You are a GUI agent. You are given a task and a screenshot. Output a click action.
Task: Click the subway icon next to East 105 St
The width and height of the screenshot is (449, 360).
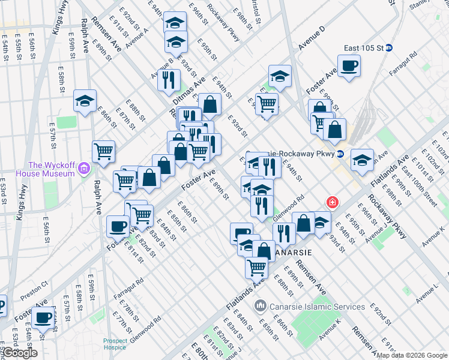point(389,48)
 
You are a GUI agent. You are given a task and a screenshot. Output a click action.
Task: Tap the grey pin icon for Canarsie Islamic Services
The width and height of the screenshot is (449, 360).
point(260,307)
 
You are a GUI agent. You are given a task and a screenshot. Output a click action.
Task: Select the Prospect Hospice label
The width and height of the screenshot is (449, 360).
point(115,344)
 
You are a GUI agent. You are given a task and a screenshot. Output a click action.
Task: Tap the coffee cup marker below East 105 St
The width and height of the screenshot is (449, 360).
point(348,66)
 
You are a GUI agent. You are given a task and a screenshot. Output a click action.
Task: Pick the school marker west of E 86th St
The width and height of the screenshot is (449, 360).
point(85,101)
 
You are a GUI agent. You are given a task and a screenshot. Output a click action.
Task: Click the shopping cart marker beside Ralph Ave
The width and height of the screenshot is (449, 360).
point(104,151)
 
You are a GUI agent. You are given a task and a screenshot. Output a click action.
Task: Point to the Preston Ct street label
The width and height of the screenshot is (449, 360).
point(34,290)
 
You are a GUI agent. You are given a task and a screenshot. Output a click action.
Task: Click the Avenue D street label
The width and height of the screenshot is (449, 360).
point(312,38)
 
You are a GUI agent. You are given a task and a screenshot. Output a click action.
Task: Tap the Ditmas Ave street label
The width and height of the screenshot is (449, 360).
point(195,89)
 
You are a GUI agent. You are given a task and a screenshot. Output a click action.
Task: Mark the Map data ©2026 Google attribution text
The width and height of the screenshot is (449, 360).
point(411,355)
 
